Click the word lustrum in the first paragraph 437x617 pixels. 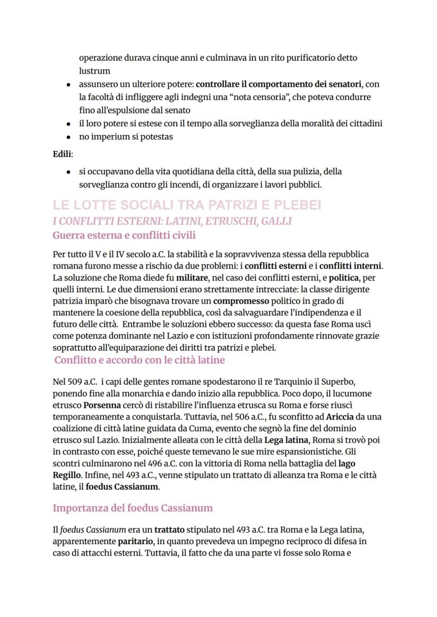[94, 71]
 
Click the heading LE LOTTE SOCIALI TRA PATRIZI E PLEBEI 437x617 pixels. [187, 205]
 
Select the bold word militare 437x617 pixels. [192, 278]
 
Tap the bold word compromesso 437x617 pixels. [243, 301]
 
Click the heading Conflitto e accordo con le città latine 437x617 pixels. [139, 360]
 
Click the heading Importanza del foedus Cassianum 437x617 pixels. [132, 508]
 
